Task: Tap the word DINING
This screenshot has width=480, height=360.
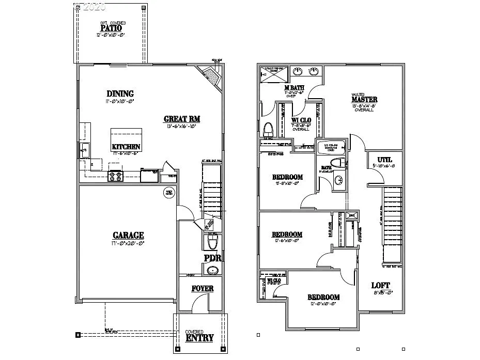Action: coord(120,94)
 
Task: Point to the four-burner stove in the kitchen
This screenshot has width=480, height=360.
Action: coord(116,177)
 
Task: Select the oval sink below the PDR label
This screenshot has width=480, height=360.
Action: coord(212,270)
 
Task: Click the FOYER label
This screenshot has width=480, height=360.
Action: coord(202,289)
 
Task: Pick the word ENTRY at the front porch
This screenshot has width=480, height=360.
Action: coord(199,338)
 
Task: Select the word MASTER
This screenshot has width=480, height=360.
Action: coord(364,100)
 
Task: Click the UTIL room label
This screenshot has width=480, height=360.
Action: coord(384,160)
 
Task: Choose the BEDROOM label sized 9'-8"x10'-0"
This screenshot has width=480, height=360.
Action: coord(287,177)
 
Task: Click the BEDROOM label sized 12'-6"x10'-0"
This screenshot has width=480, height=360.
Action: coord(287,234)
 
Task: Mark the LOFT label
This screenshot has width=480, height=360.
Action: coord(381,286)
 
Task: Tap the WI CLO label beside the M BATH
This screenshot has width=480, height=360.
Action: coord(300,120)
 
